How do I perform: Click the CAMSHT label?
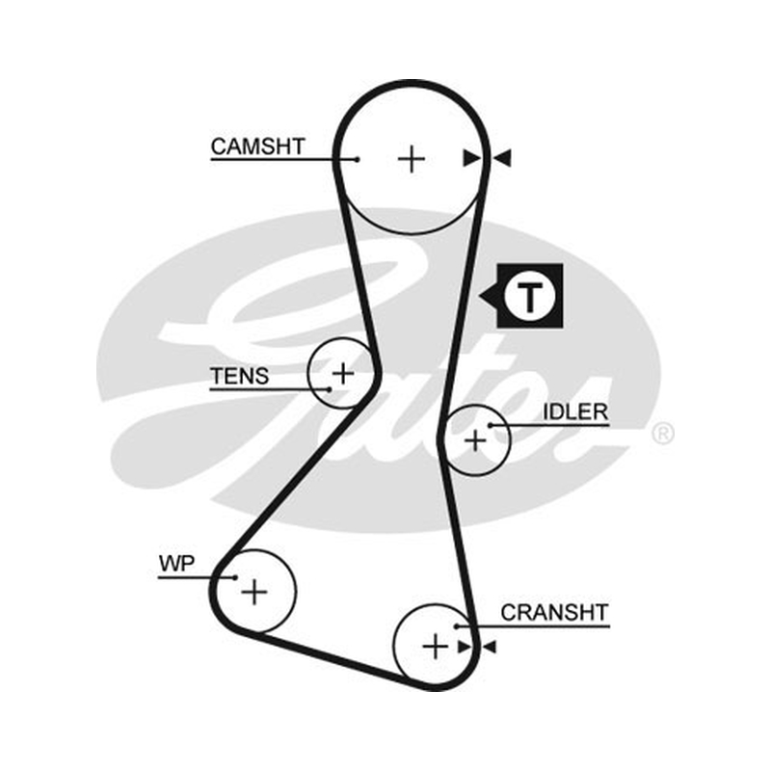pyautogui.click(x=257, y=146)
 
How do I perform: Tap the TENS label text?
pyautogui.click(x=239, y=376)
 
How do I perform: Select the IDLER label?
pyautogui.click(x=575, y=412)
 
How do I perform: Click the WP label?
pyautogui.click(x=176, y=564)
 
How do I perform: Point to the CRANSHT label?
pyautogui.click(x=555, y=613)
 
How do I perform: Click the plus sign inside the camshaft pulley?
pyautogui.click(x=412, y=159)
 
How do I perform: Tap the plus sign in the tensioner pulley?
pyautogui.click(x=343, y=374)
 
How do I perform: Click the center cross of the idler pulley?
pyautogui.click(x=475, y=440)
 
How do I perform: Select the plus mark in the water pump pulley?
pyautogui.click(x=254, y=592)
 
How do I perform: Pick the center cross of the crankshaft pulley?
pyautogui.click(x=436, y=646)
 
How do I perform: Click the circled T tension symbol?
pyautogui.click(x=529, y=297)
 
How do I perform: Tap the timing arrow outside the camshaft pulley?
pyautogui.click(x=502, y=158)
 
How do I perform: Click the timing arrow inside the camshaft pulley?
pyautogui.click(x=472, y=158)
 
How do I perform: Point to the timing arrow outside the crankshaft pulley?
pyautogui.click(x=490, y=647)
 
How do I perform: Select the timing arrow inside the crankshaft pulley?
pyautogui.click(x=465, y=647)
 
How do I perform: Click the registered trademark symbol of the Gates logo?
pyautogui.click(x=662, y=433)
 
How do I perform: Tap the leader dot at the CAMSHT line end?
pyautogui.click(x=358, y=159)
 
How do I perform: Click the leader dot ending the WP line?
pyautogui.click(x=235, y=577)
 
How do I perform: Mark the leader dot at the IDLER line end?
pyautogui.click(x=491, y=425)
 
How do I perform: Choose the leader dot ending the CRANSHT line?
pyautogui.click(x=457, y=626)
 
